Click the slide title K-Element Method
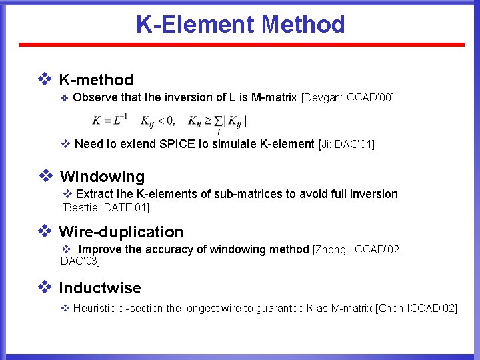[x=240, y=24]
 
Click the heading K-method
[x=96, y=80]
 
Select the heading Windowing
[x=102, y=177]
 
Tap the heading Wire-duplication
[x=121, y=232]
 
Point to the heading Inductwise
[x=100, y=288]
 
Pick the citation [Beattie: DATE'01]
[x=105, y=208]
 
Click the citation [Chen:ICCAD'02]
[x=417, y=308]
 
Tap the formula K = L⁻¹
[x=110, y=121]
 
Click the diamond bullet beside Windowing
[x=45, y=176]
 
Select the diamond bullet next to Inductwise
[x=45, y=287]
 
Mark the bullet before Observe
[x=65, y=99]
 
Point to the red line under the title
[x=240, y=45]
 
